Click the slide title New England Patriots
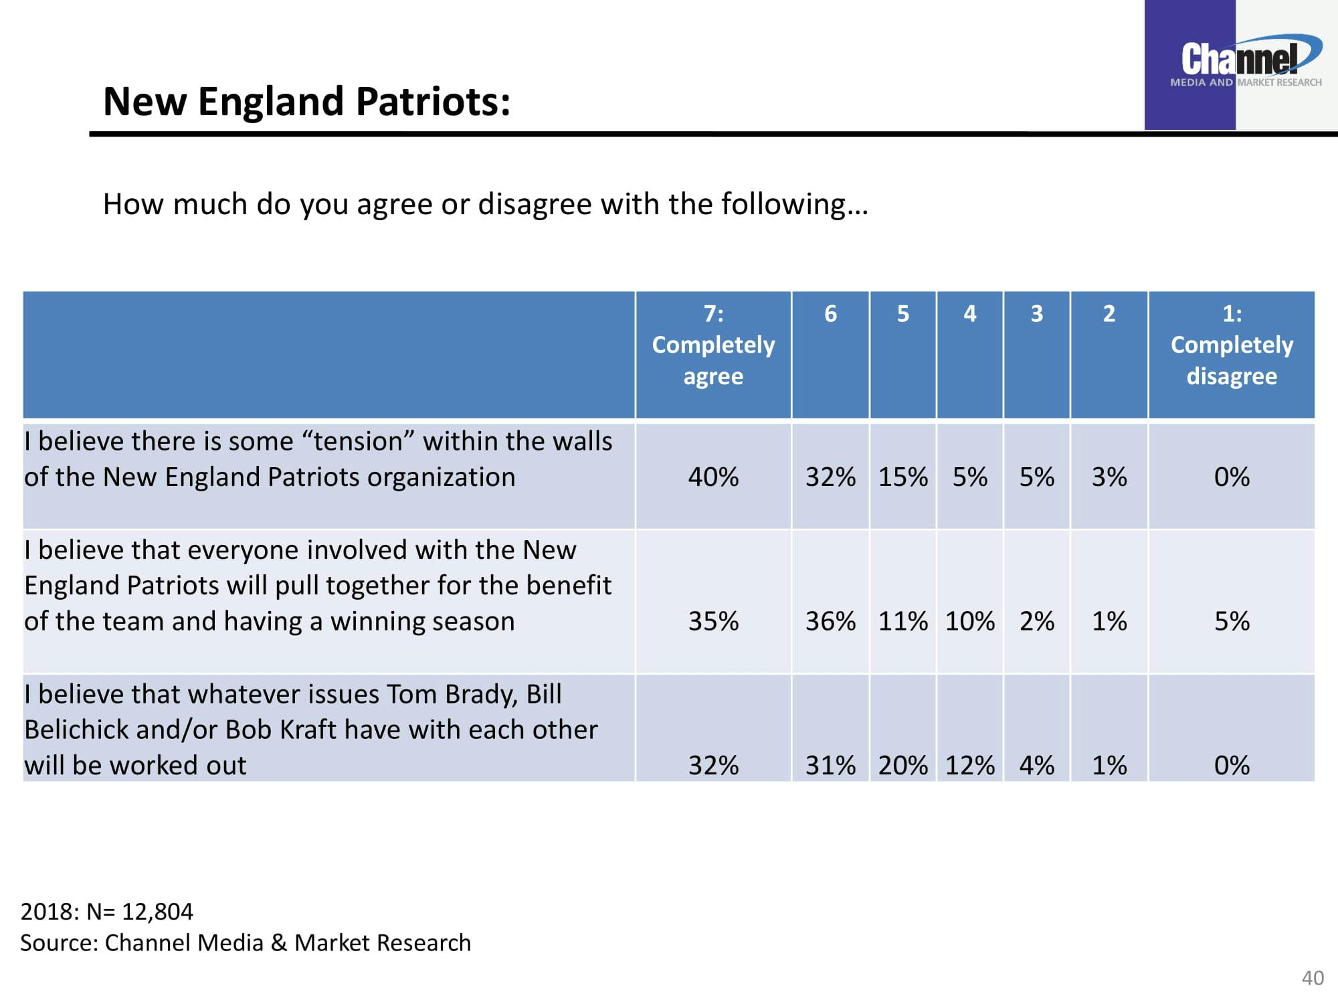tap(306, 102)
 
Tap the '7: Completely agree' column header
tap(713, 345)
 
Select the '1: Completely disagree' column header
tap(1232, 345)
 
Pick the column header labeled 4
tap(969, 314)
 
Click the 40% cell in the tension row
tap(713, 477)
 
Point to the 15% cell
tap(902, 477)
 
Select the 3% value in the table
tap(1109, 477)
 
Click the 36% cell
tap(830, 622)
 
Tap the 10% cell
tap(969, 622)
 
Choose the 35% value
tap(713, 622)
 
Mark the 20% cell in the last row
tap(902, 766)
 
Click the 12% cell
tap(969, 766)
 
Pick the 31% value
tap(830, 766)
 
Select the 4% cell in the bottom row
tap(1036, 766)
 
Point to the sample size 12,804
tap(157, 912)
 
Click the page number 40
tap(1313, 978)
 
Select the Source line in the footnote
tap(246, 943)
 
